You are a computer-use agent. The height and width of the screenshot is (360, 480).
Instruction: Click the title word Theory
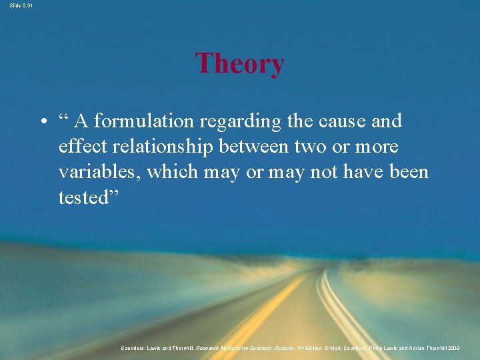(x=239, y=64)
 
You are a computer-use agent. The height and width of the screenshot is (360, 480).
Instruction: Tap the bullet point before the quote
(x=42, y=122)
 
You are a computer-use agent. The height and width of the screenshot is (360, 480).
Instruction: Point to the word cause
(x=335, y=121)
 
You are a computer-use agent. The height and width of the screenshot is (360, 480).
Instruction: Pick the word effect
(x=78, y=146)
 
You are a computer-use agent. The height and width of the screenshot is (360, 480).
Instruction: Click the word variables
(x=99, y=171)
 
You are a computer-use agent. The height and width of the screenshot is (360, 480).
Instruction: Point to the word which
(x=169, y=171)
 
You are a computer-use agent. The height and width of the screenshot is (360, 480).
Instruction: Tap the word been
(x=408, y=171)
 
